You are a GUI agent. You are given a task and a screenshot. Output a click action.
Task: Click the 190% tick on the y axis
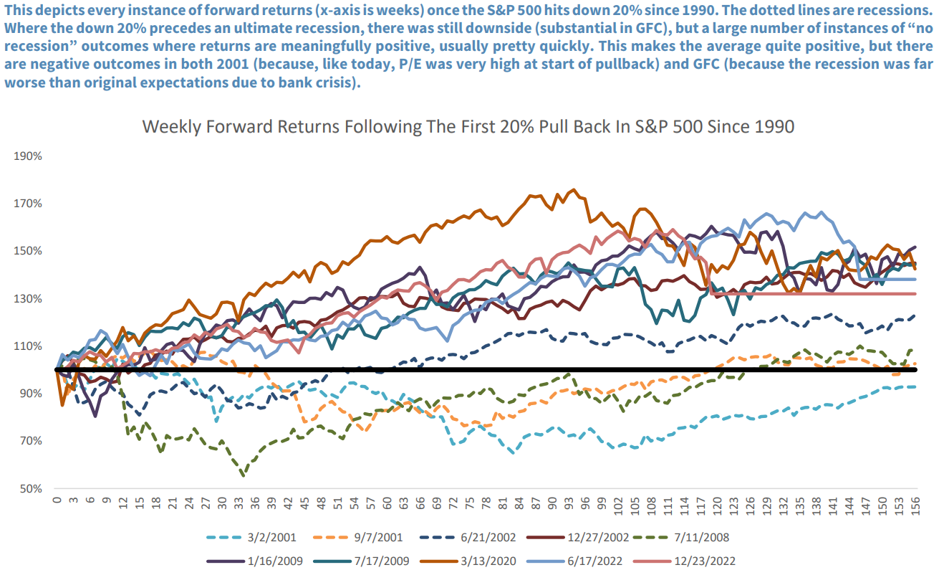pyautogui.click(x=28, y=156)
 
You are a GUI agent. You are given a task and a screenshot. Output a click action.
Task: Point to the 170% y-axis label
pyautogui.click(x=28, y=204)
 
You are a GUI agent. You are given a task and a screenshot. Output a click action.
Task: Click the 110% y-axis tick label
pyautogui.click(x=28, y=346)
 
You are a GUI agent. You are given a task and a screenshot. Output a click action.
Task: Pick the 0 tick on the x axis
pyautogui.click(x=56, y=501)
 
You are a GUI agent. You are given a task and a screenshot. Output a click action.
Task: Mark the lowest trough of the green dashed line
pyautogui.click(x=244, y=475)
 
